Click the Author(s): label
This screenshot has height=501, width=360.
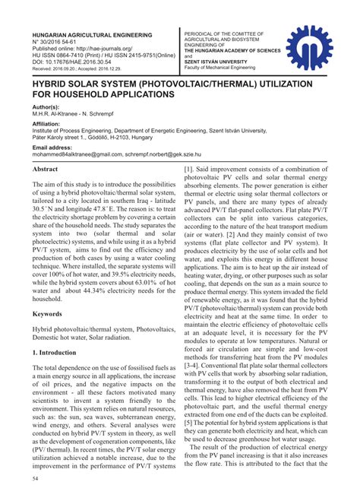coord(46,109)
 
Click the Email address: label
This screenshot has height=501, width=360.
coord(54,146)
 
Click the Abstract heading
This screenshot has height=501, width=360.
coord(46,170)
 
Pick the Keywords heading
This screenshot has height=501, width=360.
coord(47,313)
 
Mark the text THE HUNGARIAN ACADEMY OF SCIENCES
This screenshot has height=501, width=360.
coord(232,50)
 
